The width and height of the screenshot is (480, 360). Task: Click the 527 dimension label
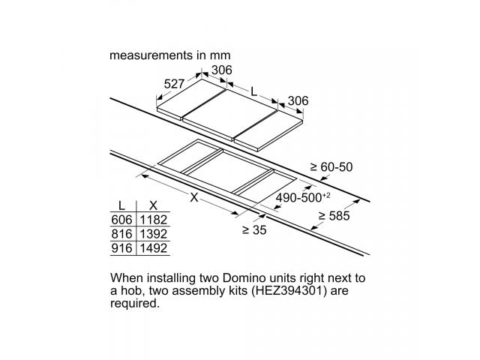coord(174,84)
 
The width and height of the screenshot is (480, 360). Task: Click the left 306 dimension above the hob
coord(222,70)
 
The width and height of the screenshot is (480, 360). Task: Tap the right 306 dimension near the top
coord(298,100)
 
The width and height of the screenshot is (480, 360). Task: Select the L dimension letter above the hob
coord(253,91)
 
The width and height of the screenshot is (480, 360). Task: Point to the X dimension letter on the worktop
coord(194,198)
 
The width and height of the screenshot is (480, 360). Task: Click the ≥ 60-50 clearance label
coord(331,166)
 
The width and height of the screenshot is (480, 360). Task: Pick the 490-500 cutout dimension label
coord(303,197)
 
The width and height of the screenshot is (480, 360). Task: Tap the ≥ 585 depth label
coord(334,216)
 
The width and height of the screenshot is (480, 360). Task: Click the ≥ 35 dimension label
coord(254,230)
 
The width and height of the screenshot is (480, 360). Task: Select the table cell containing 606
coord(121,220)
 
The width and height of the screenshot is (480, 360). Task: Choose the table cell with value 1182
coord(153,220)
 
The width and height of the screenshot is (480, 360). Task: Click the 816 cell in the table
coord(121,234)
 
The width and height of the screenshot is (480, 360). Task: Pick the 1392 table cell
coord(153,234)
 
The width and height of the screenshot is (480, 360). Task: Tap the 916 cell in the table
coord(121,248)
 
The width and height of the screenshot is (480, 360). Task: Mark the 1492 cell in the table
coord(153,248)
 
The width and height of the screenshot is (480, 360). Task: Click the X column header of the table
coord(153,205)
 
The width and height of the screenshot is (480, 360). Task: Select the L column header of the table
coord(121,205)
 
